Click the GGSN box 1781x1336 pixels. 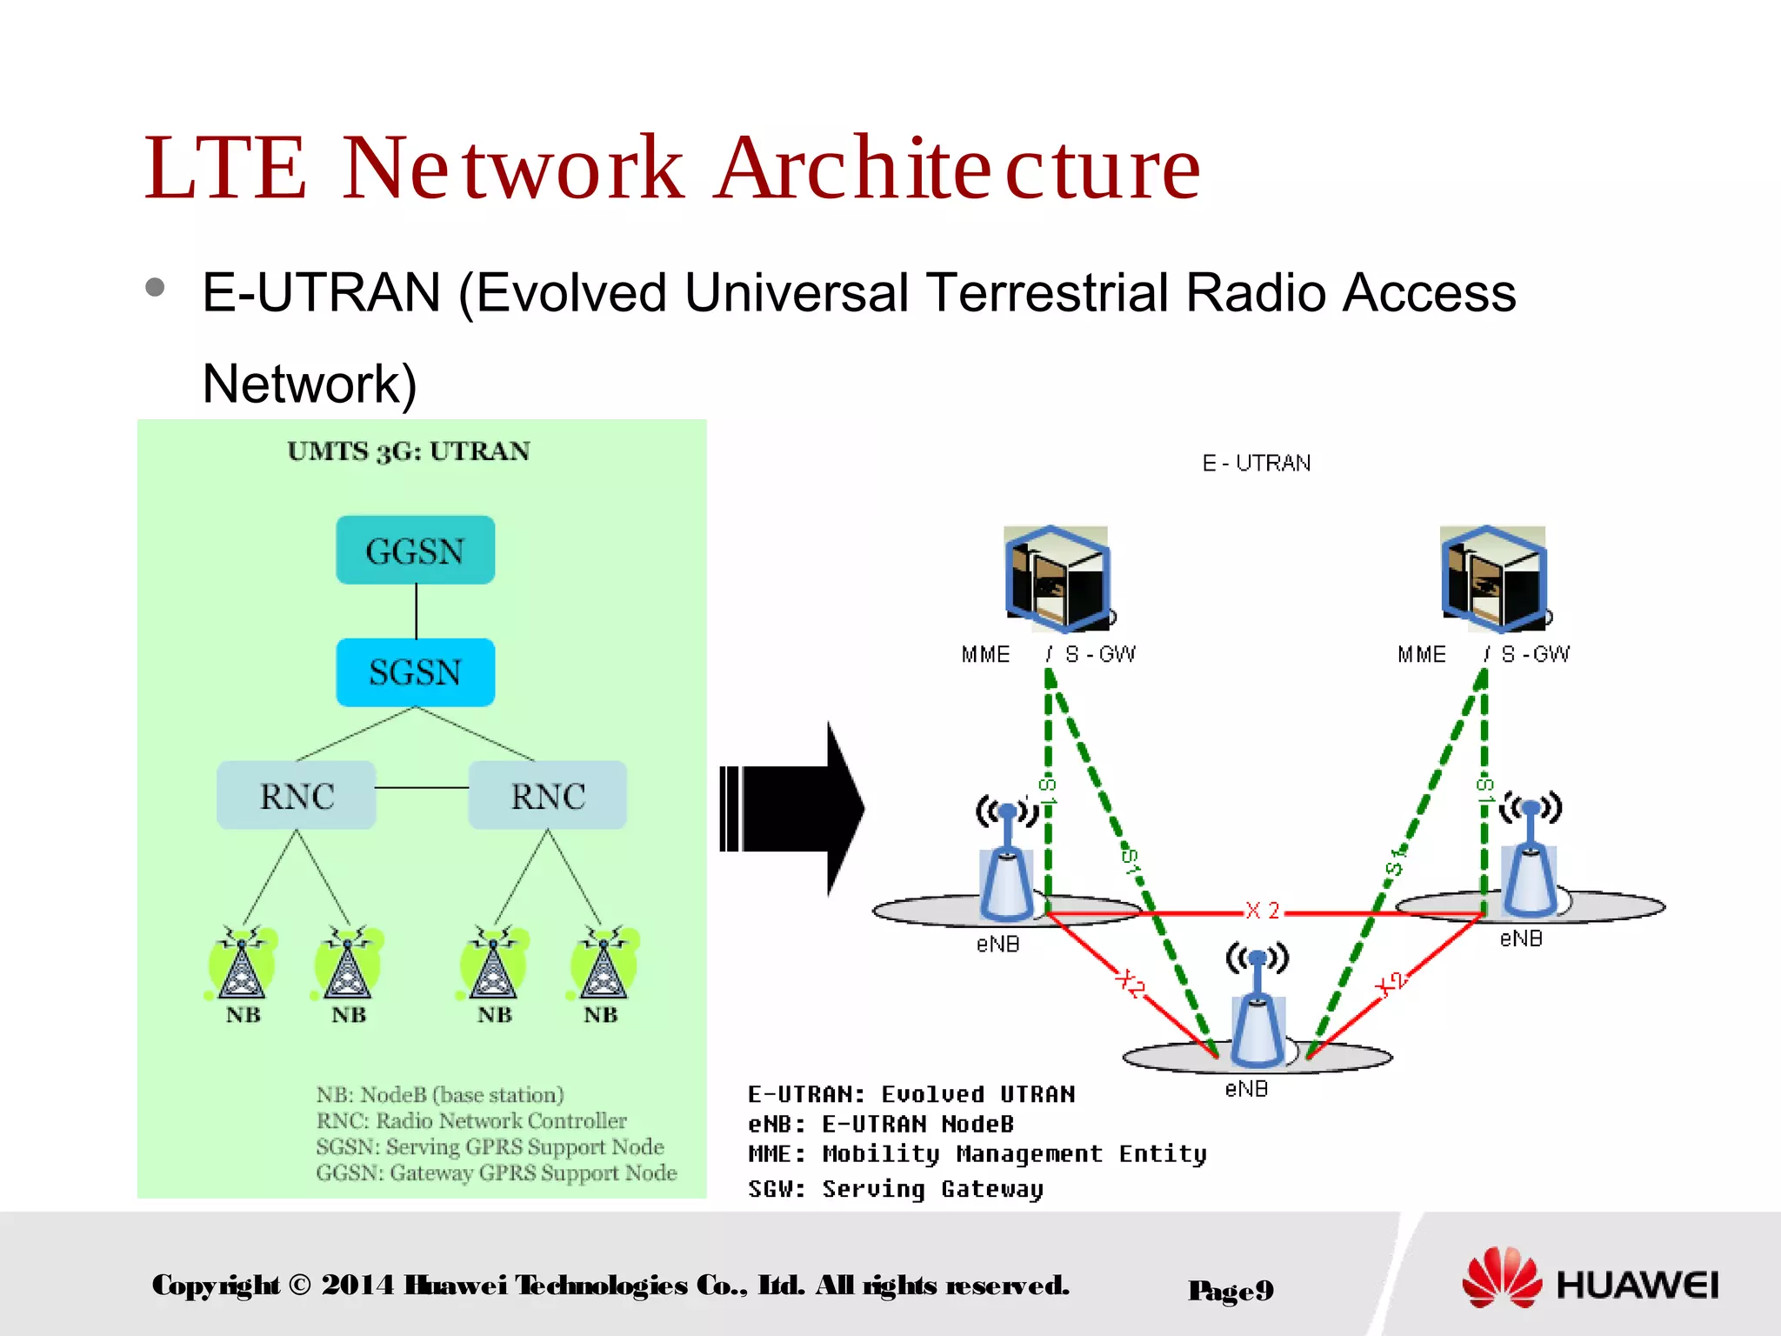point(415,551)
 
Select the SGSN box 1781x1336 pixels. point(415,672)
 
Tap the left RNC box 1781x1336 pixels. point(297,795)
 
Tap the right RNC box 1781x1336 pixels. point(547,795)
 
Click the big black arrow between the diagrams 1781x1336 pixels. point(791,808)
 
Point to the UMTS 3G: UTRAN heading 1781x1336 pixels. point(409,451)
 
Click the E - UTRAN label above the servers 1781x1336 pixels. point(1256,464)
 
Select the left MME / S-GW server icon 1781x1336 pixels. point(1057,578)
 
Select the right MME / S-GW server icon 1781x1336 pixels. point(1493,578)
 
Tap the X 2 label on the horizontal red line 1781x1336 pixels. point(1262,911)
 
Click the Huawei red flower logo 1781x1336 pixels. point(1502,1278)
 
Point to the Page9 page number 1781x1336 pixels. point(1231,1290)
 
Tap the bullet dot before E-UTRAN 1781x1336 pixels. point(156,288)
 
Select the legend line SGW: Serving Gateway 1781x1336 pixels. point(896,1189)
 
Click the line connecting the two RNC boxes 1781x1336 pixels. point(422,788)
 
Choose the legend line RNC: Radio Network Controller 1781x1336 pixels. point(471,1120)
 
